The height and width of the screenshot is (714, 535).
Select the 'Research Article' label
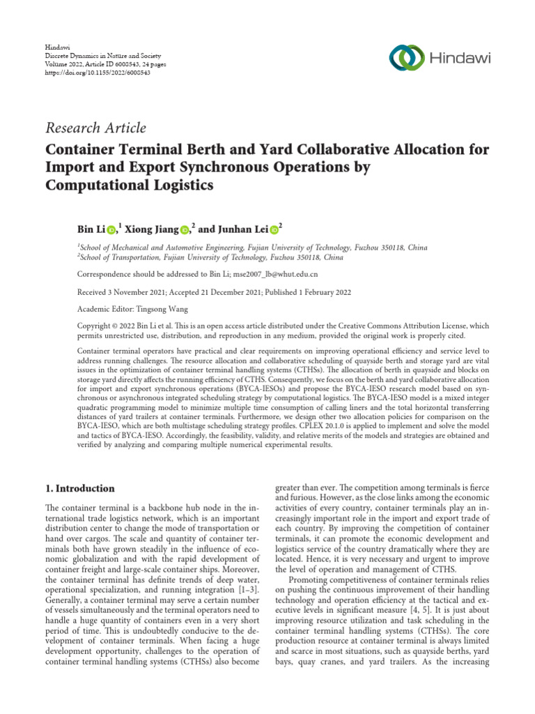pos(96,128)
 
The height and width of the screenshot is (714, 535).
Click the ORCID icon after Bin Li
pos(111,230)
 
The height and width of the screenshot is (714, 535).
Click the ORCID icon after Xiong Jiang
pos(184,230)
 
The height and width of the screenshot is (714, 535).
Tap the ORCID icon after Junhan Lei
pos(274,230)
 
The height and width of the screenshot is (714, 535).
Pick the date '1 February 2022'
pos(320,292)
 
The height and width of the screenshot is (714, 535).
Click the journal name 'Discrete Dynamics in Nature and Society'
pos(103,54)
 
